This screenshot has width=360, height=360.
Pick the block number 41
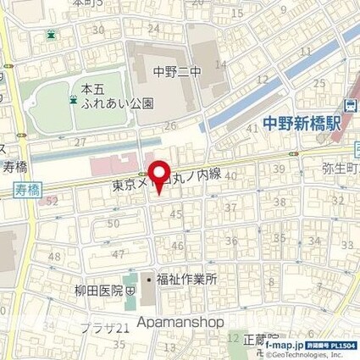coord(252,127)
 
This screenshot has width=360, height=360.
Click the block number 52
coord(53,202)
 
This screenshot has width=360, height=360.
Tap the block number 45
coord(176,213)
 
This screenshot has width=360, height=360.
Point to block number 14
coord(221,64)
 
